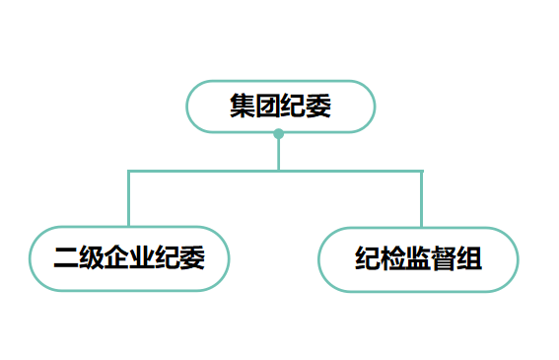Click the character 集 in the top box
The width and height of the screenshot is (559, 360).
pyautogui.click(x=242, y=107)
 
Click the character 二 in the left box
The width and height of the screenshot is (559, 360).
pyautogui.click(x=65, y=259)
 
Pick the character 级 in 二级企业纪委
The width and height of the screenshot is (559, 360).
pyautogui.click(x=91, y=259)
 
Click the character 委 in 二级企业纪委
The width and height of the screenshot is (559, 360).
pyautogui.click(x=193, y=259)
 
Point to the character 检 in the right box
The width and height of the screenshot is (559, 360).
pyautogui.click(x=392, y=260)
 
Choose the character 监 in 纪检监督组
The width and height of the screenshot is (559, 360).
pyautogui.click(x=418, y=260)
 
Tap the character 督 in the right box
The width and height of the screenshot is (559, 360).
pyautogui.click(x=444, y=260)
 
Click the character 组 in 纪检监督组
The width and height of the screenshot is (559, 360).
pyautogui.click(x=469, y=260)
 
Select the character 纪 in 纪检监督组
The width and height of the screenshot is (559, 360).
pyautogui.click(x=367, y=260)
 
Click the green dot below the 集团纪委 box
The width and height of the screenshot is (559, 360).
pyautogui.click(x=279, y=133)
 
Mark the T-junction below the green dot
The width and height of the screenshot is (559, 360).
pyautogui.click(x=279, y=171)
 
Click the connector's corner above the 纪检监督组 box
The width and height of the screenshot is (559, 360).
pyautogui.click(x=421, y=171)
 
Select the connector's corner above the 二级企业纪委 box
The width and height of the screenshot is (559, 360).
pyautogui.click(x=128, y=171)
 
